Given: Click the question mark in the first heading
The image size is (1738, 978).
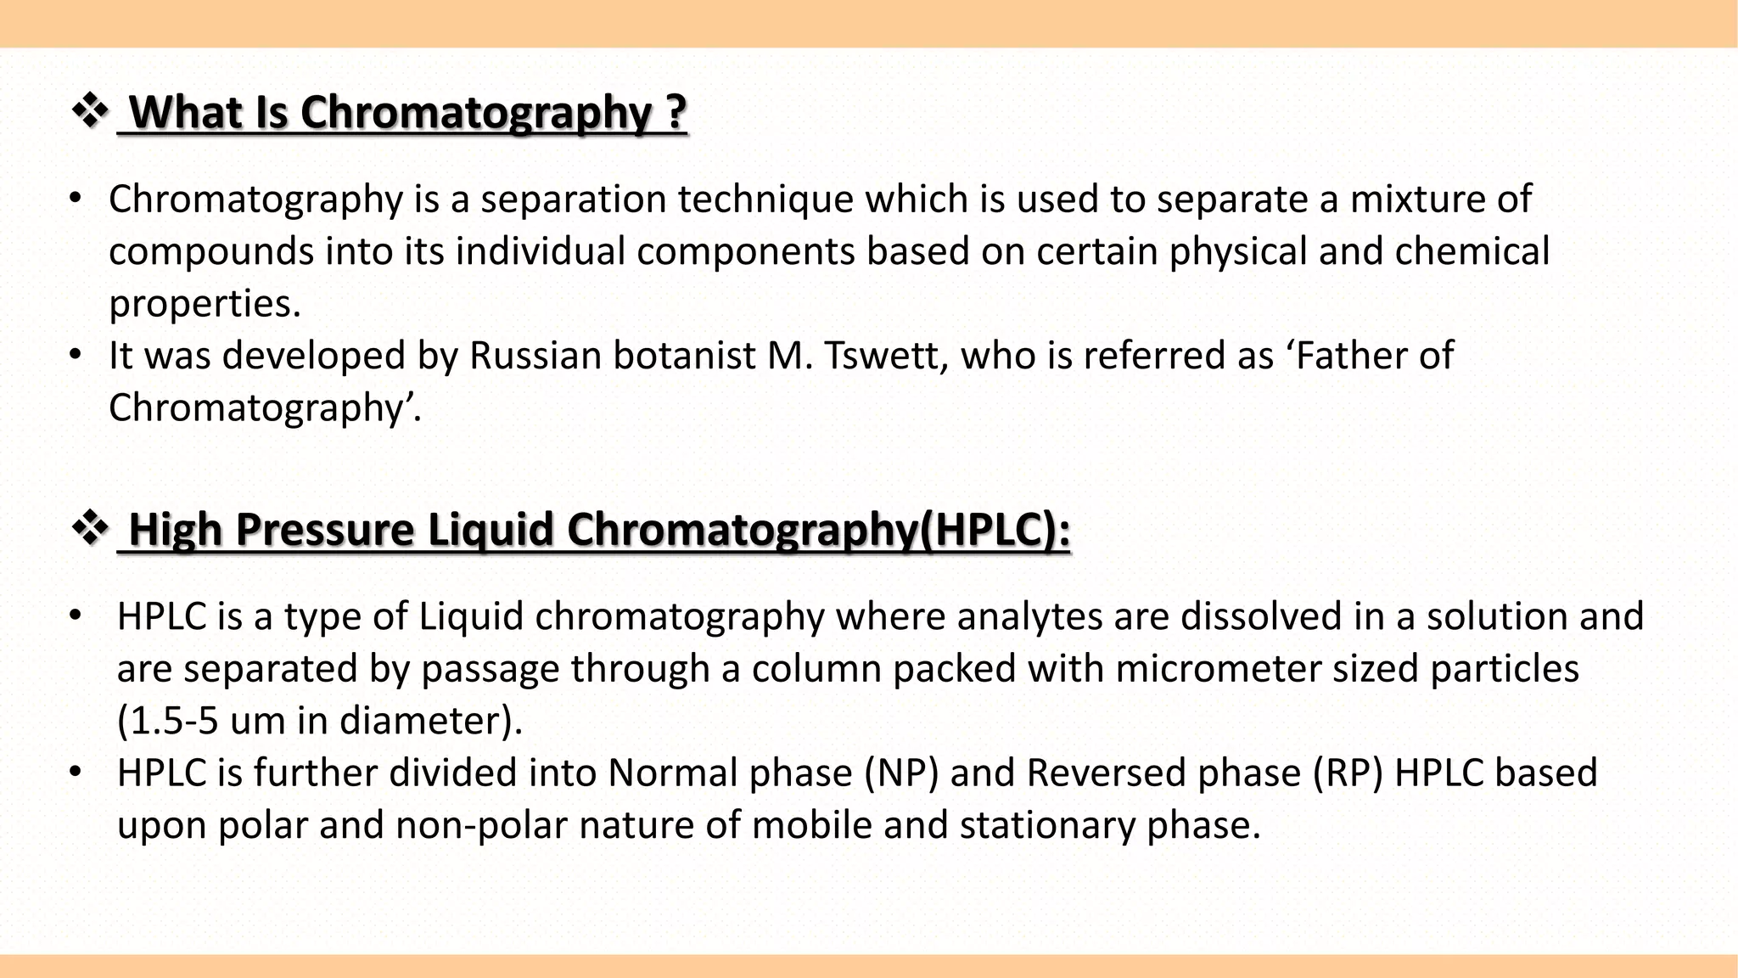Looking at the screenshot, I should pyautogui.click(x=676, y=113).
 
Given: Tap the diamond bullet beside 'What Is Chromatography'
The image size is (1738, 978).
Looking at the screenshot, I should pyautogui.click(x=90, y=112).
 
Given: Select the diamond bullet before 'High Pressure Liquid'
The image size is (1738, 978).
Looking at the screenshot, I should pyautogui.click(x=90, y=530).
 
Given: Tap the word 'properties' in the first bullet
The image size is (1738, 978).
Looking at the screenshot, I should pyautogui.click(x=204, y=304).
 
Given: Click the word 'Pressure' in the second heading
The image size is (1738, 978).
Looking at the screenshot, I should pyautogui.click(x=324, y=530).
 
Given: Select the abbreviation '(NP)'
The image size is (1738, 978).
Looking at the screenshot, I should pyautogui.click(x=901, y=773).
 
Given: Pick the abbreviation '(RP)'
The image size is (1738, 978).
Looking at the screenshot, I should pyautogui.click(x=1347, y=773).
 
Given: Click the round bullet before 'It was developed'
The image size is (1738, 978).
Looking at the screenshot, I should pyautogui.click(x=76, y=355).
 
